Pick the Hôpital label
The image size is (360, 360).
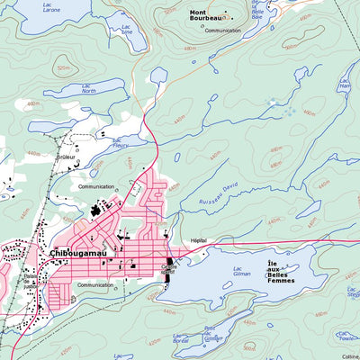(x=199, y=240)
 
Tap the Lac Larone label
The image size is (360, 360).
(x=28, y=10)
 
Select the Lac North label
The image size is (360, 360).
(x=87, y=88)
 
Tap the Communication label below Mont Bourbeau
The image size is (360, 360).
(x=222, y=30)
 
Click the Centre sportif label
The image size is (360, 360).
(x=168, y=268)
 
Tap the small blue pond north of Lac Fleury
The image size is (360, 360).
(x=159, y=75)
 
